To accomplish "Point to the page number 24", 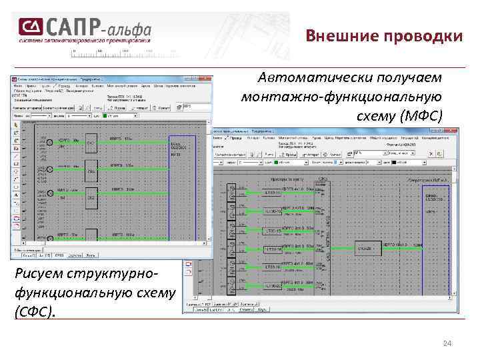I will tap(447, 343).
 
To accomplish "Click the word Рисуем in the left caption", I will tap(42, 273).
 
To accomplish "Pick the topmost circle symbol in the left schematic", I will tap(50, 141).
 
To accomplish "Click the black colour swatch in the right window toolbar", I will tap(393, 161).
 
